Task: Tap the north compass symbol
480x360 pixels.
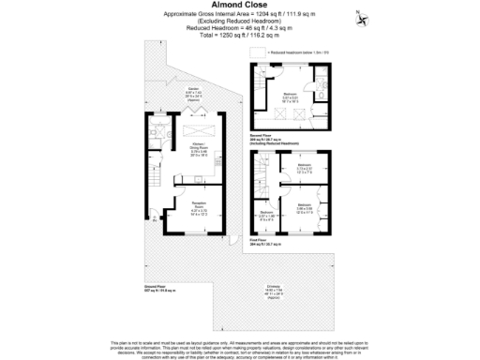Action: (x=361, y=13)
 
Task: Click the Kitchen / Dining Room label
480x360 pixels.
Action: (x=200, y=149)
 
